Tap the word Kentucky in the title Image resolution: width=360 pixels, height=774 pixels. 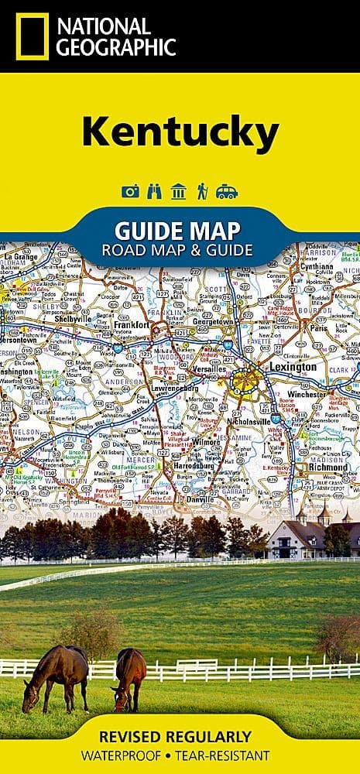click(180, 134)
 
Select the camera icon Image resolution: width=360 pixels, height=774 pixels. click(130, 192)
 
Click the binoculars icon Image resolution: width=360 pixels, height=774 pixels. click(154, 192)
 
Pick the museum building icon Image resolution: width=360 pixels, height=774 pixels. click(178, 192)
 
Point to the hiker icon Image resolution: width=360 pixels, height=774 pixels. click(202, 192)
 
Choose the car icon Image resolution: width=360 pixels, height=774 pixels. click(227, 192)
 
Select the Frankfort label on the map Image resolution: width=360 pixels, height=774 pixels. click(130, 326)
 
